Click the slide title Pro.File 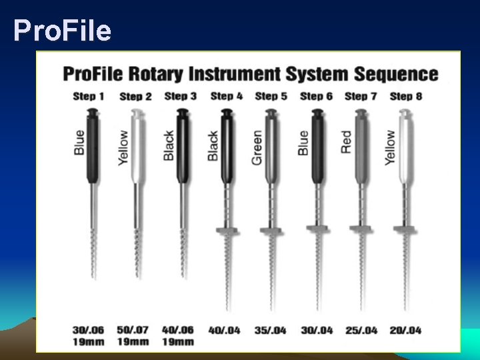coord(62,31)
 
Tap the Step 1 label coord(89,96)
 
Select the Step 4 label coord(225,96)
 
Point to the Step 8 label coord(405,96)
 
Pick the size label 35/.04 coord(270,329)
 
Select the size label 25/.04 coord(361,329)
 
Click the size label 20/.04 coord(405,329)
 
